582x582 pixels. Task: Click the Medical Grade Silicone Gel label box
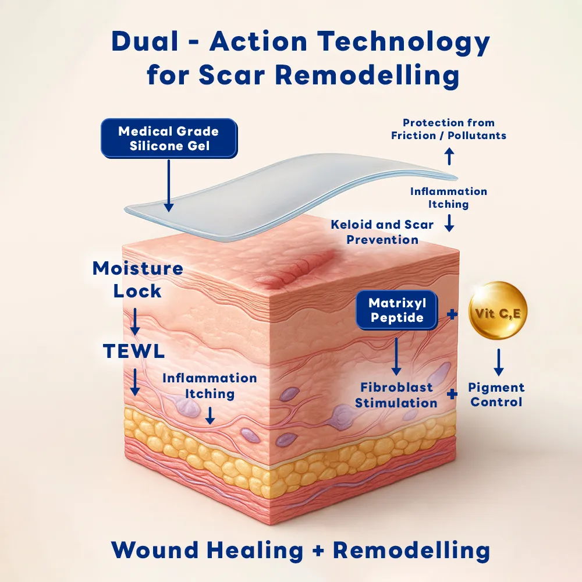coord(169,138)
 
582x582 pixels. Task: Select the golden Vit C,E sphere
coord(498,311)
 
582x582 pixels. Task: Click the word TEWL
coord(134,351)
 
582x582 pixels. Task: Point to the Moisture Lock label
coord(138,279)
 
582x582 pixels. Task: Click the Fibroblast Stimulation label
coord(396,395)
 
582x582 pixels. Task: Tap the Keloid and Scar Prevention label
coord(382,232)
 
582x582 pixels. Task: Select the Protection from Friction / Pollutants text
coord(449,129)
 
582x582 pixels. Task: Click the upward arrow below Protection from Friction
coord(449,156)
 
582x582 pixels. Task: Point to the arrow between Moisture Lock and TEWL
coord(135,321)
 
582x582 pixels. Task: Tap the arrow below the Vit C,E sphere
coord(498,362)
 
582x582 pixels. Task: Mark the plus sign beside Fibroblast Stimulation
coord(452,394)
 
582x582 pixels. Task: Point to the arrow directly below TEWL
coord(135,381)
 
